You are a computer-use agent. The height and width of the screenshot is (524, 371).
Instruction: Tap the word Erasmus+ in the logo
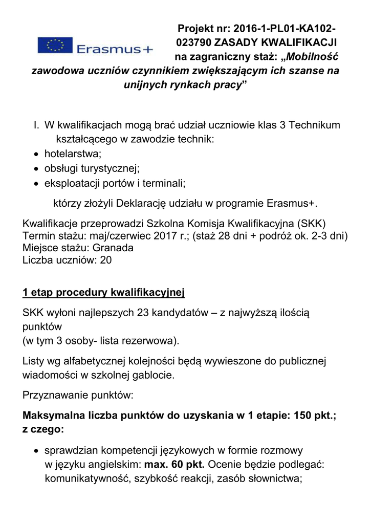pyautogui.click(x=115, y=49)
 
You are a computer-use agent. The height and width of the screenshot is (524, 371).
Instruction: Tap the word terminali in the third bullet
pyautogui.click(x=165, y=183)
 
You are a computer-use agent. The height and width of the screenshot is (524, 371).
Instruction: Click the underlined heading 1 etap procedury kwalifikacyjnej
pyautogui.click(x=103, y=293)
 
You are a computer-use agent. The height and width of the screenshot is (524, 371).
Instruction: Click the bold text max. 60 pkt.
pyautogui.click(x=175, y=465)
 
